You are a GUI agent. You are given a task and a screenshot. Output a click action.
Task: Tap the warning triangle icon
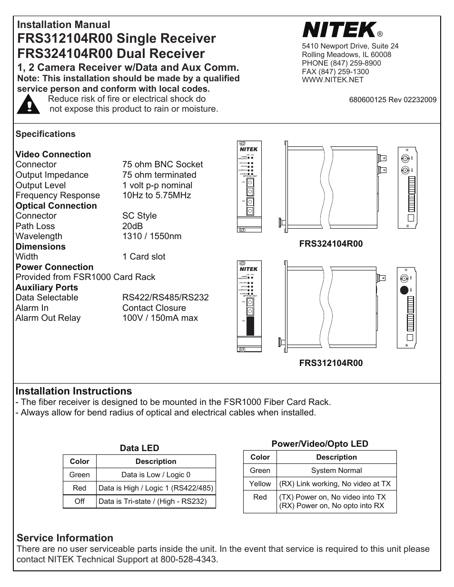(29, 104)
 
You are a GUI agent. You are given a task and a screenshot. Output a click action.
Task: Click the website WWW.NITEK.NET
(333, 79)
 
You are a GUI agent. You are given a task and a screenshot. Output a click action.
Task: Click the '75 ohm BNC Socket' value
(162, 164)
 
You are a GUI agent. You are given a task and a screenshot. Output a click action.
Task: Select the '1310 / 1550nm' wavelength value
(151, 236)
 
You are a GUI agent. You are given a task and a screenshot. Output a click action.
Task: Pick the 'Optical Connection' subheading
(56, 206)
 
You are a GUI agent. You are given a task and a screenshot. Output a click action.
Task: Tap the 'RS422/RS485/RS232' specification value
(165, 298)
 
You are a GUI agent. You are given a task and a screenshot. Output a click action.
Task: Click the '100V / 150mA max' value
(160, 318)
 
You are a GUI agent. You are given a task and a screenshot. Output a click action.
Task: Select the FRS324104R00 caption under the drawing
(331, 244)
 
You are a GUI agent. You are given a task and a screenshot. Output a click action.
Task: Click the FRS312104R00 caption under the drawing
(331, 363)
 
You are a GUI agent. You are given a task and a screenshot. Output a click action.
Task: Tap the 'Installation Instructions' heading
(74, 391)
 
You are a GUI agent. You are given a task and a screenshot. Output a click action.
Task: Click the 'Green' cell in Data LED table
(79, 474)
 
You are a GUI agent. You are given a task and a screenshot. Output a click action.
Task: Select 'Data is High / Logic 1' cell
(156, 488)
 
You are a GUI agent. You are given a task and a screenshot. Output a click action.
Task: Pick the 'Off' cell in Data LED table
(79, 501)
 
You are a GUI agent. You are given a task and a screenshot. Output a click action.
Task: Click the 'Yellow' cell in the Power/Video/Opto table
(260, 483)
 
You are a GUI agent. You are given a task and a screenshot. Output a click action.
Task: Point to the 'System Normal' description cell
(336, 470)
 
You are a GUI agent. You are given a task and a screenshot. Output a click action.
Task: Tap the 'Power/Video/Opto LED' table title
(319, 444)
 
